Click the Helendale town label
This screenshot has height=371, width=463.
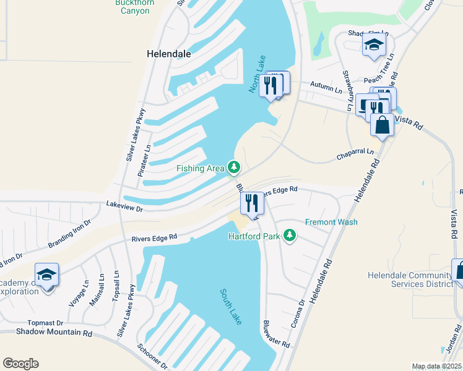click(168, 54)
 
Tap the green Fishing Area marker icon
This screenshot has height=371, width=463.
click(234, 167)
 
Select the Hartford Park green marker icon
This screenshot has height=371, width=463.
click(289, 235)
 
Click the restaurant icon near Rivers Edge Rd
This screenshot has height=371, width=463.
click(252, 203)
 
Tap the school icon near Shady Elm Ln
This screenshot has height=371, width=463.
click(374, 46)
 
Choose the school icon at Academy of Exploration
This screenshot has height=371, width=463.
click(46, 274)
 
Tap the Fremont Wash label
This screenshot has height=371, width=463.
click(331, 222)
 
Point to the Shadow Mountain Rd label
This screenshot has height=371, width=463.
click(54, 333)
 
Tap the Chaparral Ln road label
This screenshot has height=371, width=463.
click(355, 151)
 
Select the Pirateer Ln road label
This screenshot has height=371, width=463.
click(147, 160)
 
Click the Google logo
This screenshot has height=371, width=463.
click(20, 364)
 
